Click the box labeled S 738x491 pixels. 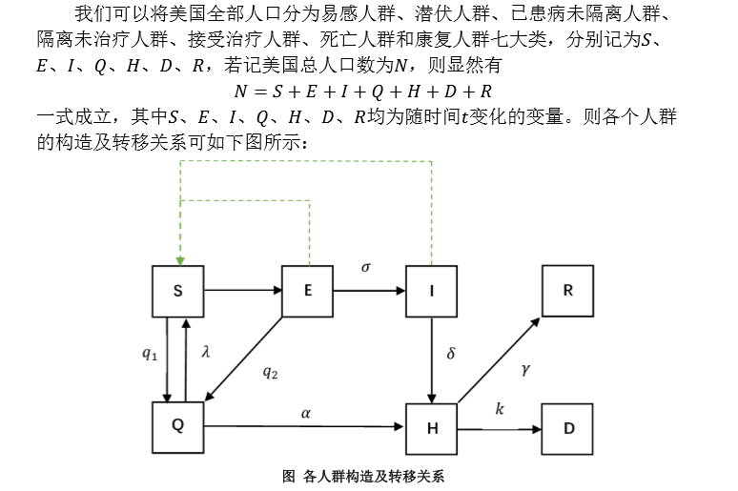tap(178, 291)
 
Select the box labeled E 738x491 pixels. tap(307, 291)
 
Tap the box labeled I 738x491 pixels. tap(432, 291)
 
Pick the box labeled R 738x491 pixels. tap(568, 291)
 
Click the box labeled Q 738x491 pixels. tap(178, 426)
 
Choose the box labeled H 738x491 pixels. tap(432, 428)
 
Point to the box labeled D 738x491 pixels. tap(568, 428)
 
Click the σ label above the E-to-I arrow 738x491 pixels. tap(366, 268)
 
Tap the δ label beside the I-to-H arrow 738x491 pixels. tap(451, 354)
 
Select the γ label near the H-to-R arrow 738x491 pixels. tap(525, 368)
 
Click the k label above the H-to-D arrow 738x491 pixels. tap(500, 409)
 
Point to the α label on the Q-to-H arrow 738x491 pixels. tap(305, 413)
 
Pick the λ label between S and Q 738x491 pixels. tap(205, 352)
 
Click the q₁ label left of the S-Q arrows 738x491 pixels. tap(150, 354)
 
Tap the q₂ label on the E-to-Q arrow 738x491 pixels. tap(270, 373)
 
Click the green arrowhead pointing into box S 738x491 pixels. tap(178, 258)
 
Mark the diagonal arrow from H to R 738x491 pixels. tap(498, 359)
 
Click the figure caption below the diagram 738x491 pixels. tap(364, 476)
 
